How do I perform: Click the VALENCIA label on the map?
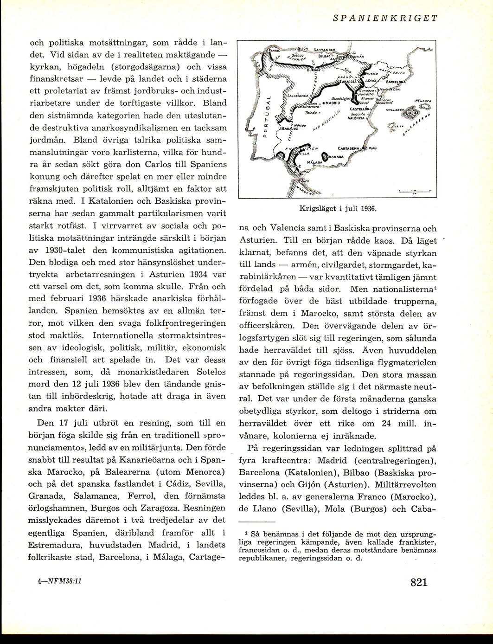point(357,118)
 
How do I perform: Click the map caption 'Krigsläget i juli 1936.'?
point(337,208)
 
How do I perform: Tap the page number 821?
point(418,582)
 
